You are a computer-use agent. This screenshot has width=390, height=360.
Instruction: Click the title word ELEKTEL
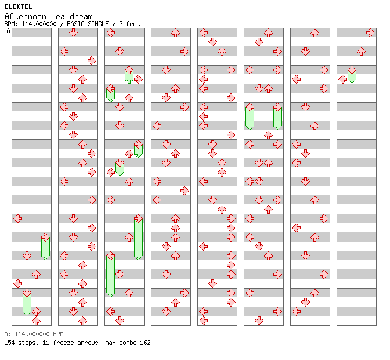[x=18, y=6]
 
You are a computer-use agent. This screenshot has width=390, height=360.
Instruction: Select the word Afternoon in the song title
[x=24, y=16]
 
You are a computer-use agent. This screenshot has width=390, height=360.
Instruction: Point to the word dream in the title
[x=80, y=16]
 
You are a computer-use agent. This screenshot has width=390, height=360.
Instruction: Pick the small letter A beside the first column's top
[x=9, y=31]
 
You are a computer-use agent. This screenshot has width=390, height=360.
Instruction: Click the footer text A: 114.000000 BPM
[x=34, y=334]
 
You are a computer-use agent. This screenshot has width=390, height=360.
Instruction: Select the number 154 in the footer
[x=10, y=343]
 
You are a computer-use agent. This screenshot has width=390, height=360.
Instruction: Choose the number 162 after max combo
[x=145, y=343]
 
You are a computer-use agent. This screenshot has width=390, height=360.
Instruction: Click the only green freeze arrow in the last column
[x=352, y=74]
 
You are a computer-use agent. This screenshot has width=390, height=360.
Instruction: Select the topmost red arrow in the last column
[x=370, y=33]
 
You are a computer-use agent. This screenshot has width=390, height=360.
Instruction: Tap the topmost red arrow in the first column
[x=17, y=218]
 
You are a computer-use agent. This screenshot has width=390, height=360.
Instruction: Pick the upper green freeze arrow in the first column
[x=45, y=246]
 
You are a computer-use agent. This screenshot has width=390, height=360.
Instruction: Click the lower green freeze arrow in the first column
[x=27, y=302]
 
